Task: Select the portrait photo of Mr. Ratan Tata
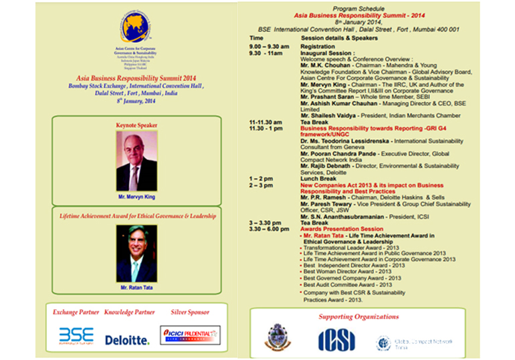(136, 253)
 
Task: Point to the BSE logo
(76, 335)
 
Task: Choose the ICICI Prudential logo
(190, 335)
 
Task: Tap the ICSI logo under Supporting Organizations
(336, 339)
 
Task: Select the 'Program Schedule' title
(365, 8)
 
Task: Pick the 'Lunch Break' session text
(318, 179)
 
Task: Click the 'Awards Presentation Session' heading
(340, 229)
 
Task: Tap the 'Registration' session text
(317, 47)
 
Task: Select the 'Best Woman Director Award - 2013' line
(347, 272)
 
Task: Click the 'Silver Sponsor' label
(189, 312)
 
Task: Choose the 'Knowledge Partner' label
(127, 312)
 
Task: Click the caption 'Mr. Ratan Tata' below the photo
(136, 287)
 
